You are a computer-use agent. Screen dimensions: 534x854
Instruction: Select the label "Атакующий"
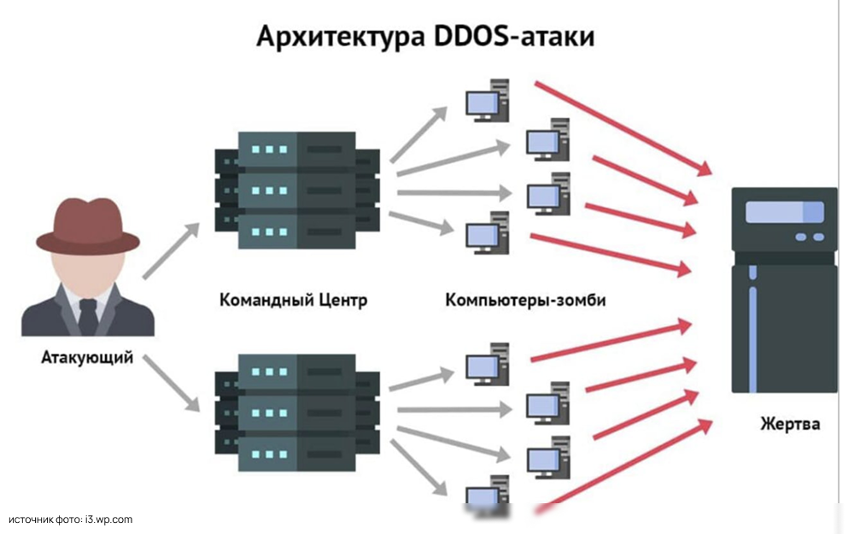coord(87,357)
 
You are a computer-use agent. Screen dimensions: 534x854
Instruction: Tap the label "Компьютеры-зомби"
coord(525,301)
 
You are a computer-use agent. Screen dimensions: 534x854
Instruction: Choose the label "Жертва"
coord(789,424)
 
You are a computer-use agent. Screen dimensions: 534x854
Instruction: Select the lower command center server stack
coord(296,412)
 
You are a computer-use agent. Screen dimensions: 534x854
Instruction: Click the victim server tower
coord(784,290)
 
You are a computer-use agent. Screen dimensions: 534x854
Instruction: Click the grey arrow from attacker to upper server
coord(170,251)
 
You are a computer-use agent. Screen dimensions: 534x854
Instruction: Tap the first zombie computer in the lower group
coord(488,362)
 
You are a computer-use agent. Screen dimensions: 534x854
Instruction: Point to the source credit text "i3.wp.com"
coord(108,519)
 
